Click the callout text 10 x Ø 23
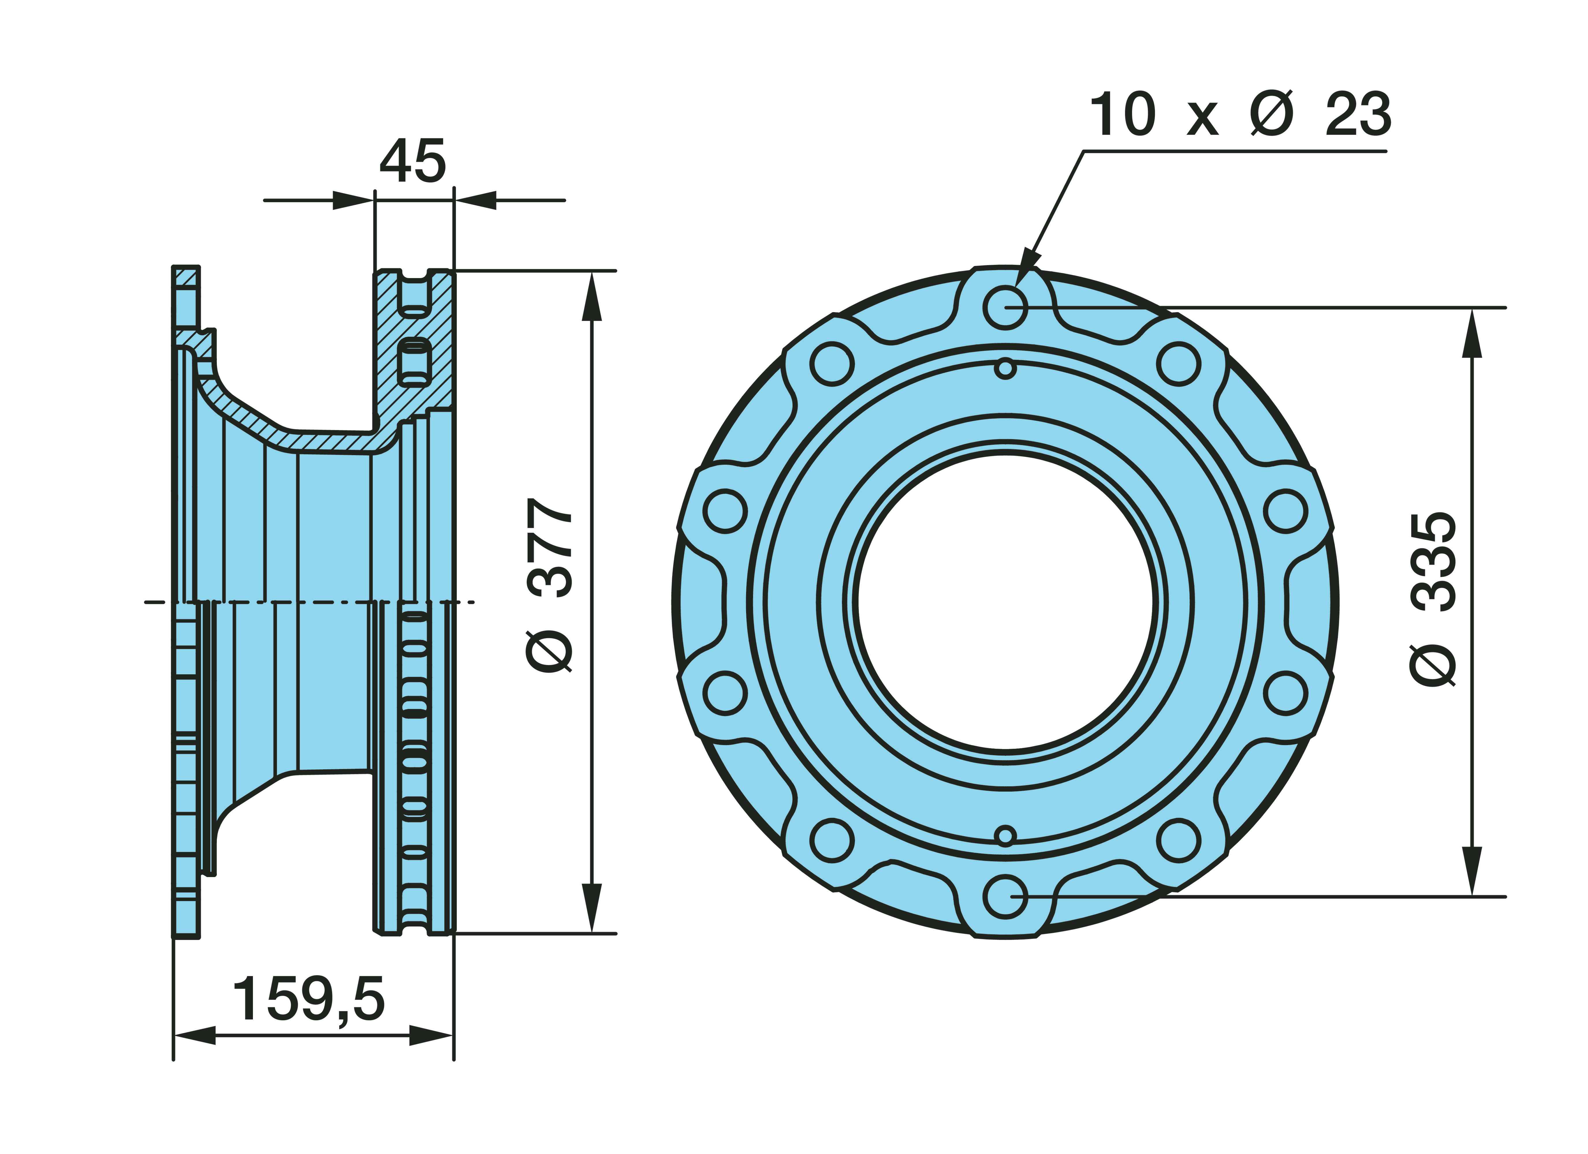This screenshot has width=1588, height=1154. pyautogui.click(x=1240, y=114)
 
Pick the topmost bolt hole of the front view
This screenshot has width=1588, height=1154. pyautogui.click(x=1005, y=307)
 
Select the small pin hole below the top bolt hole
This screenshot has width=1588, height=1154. pyautogui.click(x=1005, y=368)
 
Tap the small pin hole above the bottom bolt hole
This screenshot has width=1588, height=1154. pyautogui.click(x=1005, y=835)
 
